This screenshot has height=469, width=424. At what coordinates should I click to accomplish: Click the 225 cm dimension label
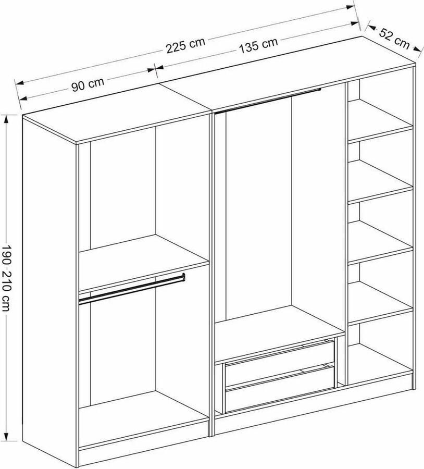185,45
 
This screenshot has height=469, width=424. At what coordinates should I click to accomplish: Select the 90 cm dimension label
88,84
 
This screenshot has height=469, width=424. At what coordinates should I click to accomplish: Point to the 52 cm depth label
394,38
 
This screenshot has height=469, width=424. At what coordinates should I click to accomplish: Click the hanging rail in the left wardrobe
132,289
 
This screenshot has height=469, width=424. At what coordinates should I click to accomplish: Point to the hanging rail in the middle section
268,101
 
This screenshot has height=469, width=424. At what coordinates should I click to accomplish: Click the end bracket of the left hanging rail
183,277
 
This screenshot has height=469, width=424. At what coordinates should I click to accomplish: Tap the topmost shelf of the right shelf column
380,121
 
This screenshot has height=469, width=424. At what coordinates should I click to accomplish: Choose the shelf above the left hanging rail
144,262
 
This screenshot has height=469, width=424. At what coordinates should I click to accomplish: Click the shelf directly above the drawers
280,334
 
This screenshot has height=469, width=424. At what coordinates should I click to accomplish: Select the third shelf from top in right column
380,242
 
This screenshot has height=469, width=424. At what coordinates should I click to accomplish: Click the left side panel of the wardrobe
49,287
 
